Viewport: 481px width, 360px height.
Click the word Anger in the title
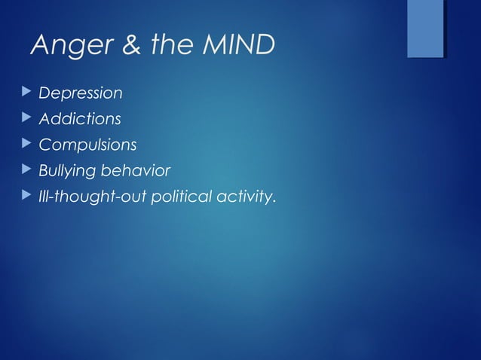tap(69, 46)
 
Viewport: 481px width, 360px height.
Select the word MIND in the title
tap(235, 46)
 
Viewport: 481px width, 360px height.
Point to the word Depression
tap(80, 94)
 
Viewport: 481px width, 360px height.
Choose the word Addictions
tap(79, 119)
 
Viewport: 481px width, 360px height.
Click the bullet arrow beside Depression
tap(26, 93)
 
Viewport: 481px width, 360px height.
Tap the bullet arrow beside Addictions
tap(26, 118)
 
